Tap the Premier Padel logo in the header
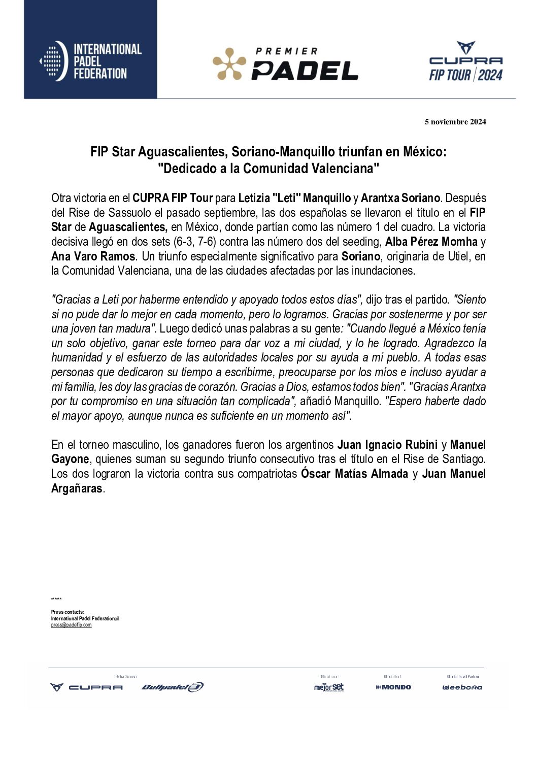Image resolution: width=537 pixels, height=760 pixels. [285, 64]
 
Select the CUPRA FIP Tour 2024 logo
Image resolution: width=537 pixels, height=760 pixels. [465, 62]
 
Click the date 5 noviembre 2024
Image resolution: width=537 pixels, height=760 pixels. [455, 122]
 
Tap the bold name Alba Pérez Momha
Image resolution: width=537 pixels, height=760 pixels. [431, 242]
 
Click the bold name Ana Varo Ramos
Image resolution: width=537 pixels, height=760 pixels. [93, 256]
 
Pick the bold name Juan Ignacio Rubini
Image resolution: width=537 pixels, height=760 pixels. [387, 445]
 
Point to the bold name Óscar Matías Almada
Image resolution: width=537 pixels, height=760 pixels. [354, 474]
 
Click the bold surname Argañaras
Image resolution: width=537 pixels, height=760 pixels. [77, 489]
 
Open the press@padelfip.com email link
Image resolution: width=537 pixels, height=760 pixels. [71, 625]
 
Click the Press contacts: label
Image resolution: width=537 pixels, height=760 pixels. [68, 612]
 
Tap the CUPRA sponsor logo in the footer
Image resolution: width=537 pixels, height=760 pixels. [87, 687]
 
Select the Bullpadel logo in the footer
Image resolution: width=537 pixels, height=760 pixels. [173, 687]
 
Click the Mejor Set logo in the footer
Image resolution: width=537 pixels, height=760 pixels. [329, 687]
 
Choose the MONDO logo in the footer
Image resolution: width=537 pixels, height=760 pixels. [393, 687]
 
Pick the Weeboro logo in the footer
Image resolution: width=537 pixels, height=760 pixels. [462, 687]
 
